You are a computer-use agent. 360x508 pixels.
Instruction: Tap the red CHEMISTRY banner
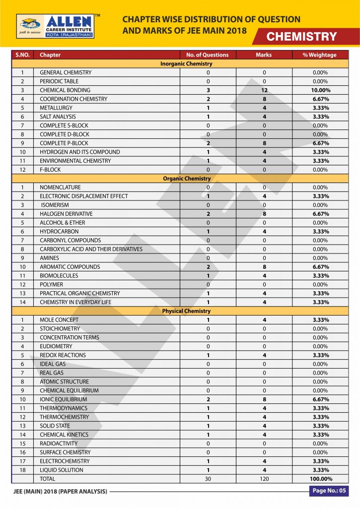(302, 37)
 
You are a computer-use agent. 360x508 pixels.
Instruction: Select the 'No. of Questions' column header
(207, 55)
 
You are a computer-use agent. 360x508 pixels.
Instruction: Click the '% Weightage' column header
(319, 55)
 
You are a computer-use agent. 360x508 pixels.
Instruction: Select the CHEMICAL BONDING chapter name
(65, 90)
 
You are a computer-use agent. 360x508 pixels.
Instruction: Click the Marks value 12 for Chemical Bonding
(264, 90)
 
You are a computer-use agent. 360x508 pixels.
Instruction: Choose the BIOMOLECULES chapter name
(59, 276)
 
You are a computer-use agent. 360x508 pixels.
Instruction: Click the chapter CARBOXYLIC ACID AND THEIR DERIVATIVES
(91, 249)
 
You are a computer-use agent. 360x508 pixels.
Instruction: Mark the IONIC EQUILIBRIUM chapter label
(64, 399)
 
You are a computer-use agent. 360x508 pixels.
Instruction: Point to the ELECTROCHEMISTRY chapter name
(65, 461)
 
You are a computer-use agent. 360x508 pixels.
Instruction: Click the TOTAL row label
(48, 479)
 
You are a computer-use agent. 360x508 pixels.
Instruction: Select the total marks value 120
(264, 479)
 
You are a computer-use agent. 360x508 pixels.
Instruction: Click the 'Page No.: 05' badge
(328, 491)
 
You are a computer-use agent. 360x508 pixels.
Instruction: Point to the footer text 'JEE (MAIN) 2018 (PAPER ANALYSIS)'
(60, 492)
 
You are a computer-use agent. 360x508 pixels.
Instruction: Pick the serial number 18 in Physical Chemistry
(22, 470)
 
